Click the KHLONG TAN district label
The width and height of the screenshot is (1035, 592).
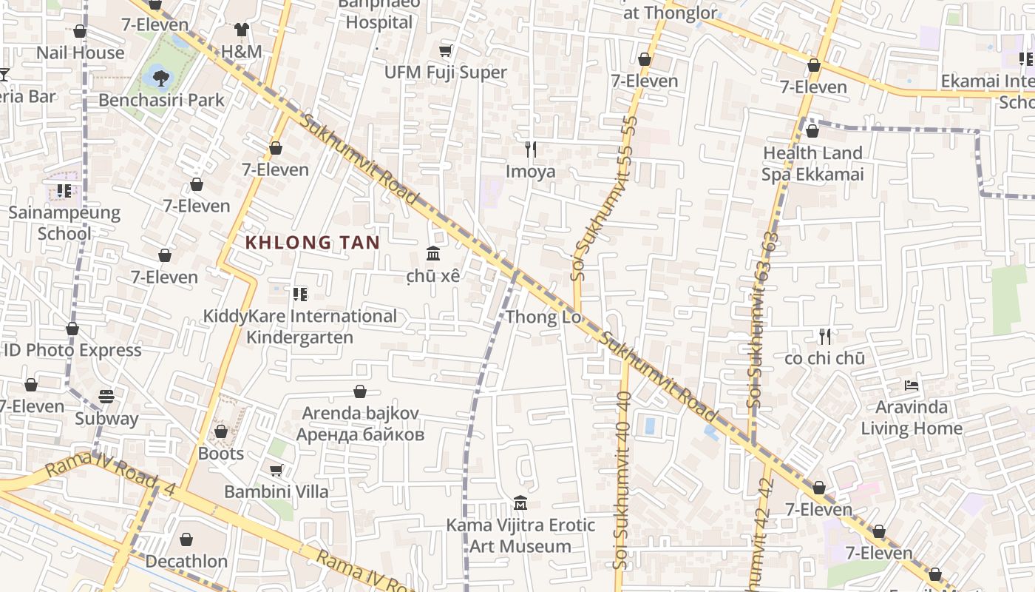(312, 242)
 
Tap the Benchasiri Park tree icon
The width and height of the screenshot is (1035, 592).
(160, 75)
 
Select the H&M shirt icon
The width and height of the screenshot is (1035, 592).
(242, 30)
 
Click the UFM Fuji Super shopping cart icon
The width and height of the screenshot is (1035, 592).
(445, 50)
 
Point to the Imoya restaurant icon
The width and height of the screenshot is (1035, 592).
(530, 149)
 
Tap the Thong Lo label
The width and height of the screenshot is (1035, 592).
(543, 317)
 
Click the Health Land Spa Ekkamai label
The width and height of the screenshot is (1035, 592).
(812, 164)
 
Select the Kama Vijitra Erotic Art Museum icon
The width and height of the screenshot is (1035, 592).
(520, 503)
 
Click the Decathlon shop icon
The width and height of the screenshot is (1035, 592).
(186, 539)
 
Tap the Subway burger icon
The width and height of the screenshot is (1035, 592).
(106, 397)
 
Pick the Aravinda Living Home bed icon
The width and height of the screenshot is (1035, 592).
(912, 386)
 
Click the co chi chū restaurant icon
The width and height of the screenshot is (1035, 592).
(825, 337)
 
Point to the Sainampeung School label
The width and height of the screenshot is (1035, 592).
(64, 223)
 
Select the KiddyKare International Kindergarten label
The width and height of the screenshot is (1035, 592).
(299, 326)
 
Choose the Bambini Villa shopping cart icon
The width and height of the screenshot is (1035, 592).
(276, 470)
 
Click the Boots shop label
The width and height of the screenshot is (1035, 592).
(220, 453)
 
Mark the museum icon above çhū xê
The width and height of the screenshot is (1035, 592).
(433, 254)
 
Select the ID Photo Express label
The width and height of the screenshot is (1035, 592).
(72, 350)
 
